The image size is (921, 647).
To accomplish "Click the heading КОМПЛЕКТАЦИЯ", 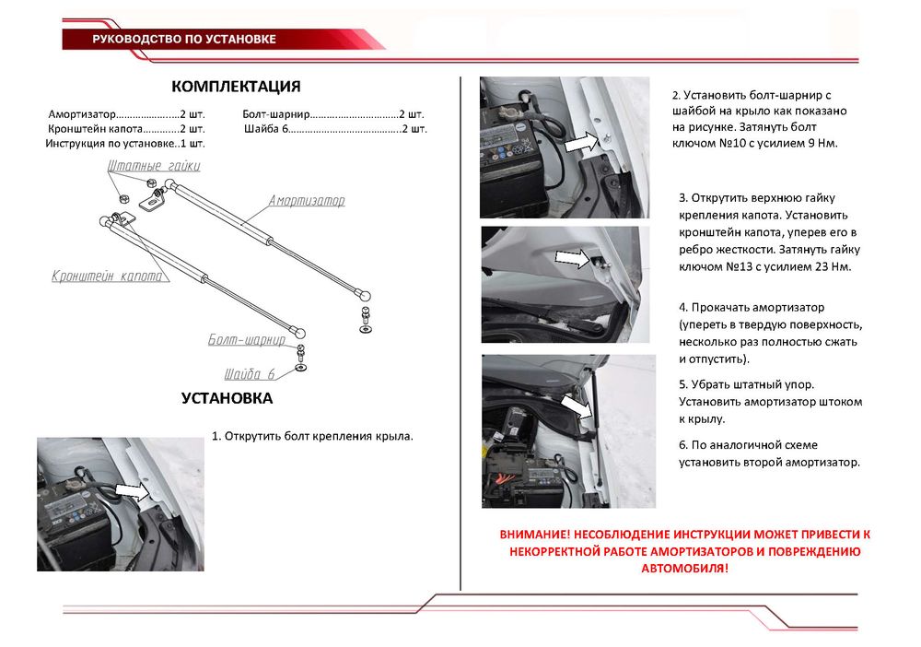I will (236, 87).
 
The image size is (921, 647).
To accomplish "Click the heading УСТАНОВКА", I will (227, 399).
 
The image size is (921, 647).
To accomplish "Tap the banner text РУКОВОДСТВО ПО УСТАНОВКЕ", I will (184, 40).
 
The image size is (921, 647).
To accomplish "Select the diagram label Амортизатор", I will (307, 200).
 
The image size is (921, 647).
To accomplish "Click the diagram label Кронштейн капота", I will (107, 276).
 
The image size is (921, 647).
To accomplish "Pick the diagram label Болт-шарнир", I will (246, 340).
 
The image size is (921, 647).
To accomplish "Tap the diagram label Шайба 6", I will (250, 374).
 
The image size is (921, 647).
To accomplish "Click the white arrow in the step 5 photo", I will (574, 406).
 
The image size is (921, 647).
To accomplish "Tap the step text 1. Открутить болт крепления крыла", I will (312, 435).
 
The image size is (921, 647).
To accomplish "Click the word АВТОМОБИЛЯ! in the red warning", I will (684, 568).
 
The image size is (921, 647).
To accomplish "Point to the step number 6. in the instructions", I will (683, 445).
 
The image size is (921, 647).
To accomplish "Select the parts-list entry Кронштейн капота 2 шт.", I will (126, 129).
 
